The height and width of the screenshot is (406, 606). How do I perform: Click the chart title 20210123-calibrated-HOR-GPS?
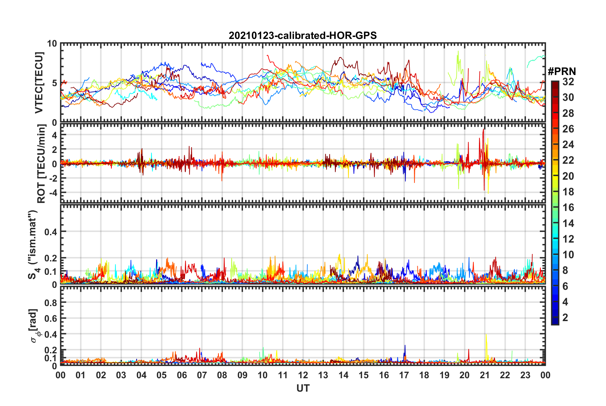[303, 35]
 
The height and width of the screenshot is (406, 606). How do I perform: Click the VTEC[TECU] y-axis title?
[39, 83]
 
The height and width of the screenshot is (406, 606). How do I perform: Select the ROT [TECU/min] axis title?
[41, 164]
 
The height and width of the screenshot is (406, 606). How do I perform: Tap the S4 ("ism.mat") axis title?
[33, 244]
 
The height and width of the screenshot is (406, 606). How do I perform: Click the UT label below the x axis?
[303, 388]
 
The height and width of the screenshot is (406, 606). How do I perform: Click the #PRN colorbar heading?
[562, 71]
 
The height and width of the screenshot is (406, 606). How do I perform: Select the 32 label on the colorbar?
[568, 82]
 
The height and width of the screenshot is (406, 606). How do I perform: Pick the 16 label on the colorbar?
[568, 207]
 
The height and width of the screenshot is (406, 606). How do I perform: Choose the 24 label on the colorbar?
[568, 145]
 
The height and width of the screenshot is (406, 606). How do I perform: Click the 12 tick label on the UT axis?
[303, 375]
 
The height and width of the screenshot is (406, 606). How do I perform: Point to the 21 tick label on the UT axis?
[485, 375]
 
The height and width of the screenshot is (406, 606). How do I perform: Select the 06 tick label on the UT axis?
[182, 375]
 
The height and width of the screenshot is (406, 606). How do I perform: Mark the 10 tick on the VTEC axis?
[52, 44]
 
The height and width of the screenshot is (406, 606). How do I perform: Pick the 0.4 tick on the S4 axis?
[51, 232]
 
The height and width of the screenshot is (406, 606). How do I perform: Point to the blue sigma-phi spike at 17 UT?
[405, 346]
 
